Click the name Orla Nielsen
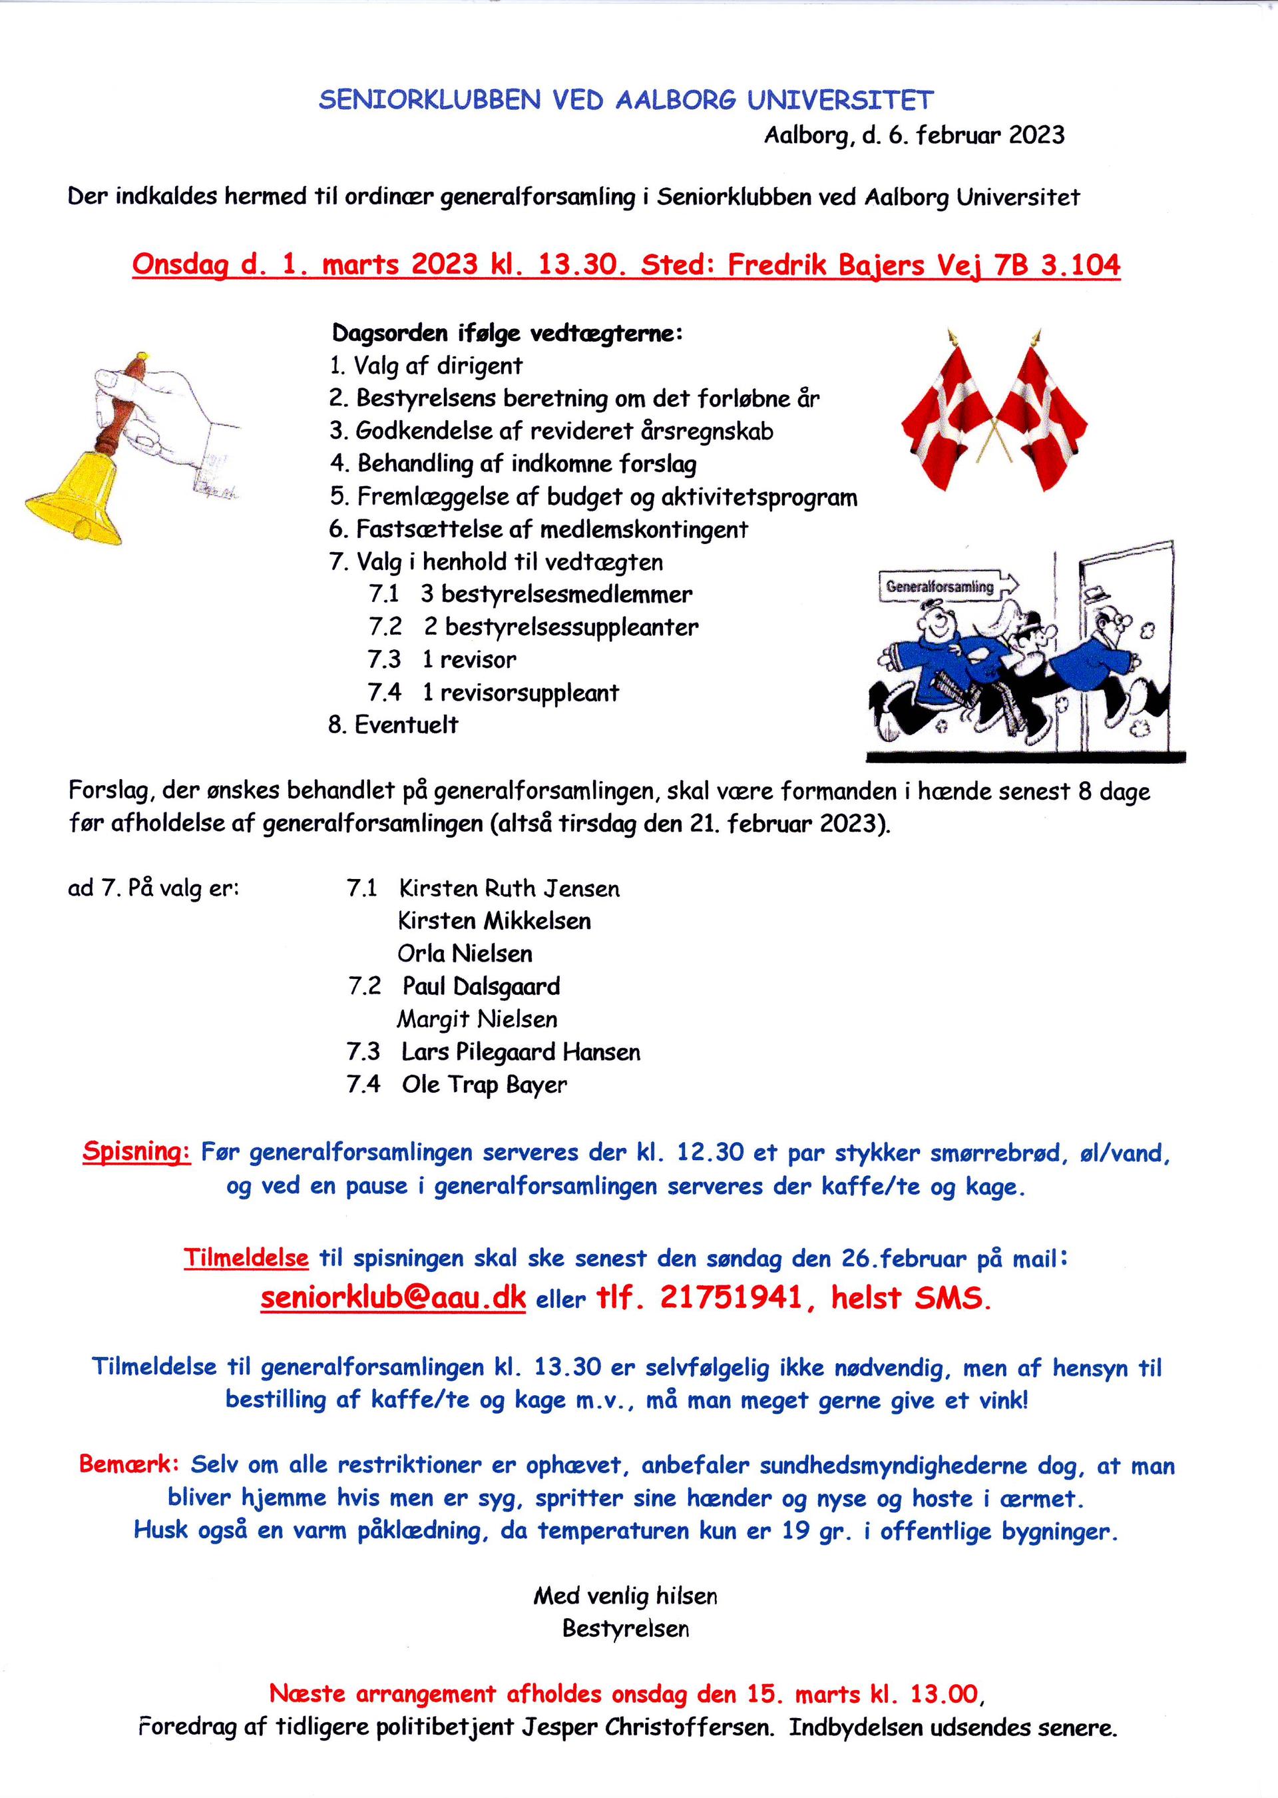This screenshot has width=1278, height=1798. click(x=465, y=954)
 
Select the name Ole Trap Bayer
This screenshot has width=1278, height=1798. click(x=484, y=1084)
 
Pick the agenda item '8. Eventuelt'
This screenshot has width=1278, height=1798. click(x=393, y=725)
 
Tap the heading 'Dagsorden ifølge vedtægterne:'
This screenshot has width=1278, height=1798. click(x=507, y=333)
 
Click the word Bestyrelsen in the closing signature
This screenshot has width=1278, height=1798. click(x=626, y=1628)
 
